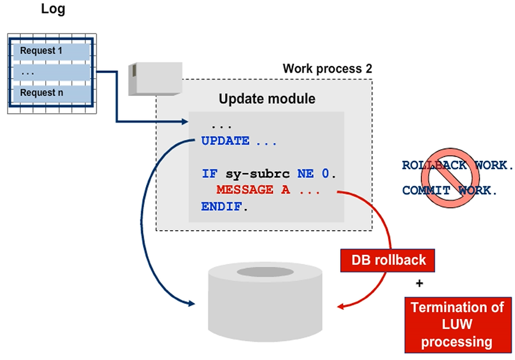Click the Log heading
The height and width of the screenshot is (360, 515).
(x=53, y=9)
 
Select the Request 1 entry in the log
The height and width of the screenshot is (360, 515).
(x=42, y=51)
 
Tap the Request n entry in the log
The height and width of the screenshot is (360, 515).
(x=42, y=94)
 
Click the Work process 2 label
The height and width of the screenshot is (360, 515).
(x=327, y=68)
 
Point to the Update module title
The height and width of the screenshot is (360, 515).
(x=267, y=98)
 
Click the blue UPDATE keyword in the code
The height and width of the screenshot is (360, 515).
(x=225, y=141)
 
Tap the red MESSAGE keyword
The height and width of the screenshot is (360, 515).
(x=244, y=190)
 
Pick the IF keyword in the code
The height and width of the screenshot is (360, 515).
(x=209, y=174)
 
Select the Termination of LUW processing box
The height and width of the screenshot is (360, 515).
(x=458, y=325)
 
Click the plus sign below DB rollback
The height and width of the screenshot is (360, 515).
(x=419, y=284)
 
